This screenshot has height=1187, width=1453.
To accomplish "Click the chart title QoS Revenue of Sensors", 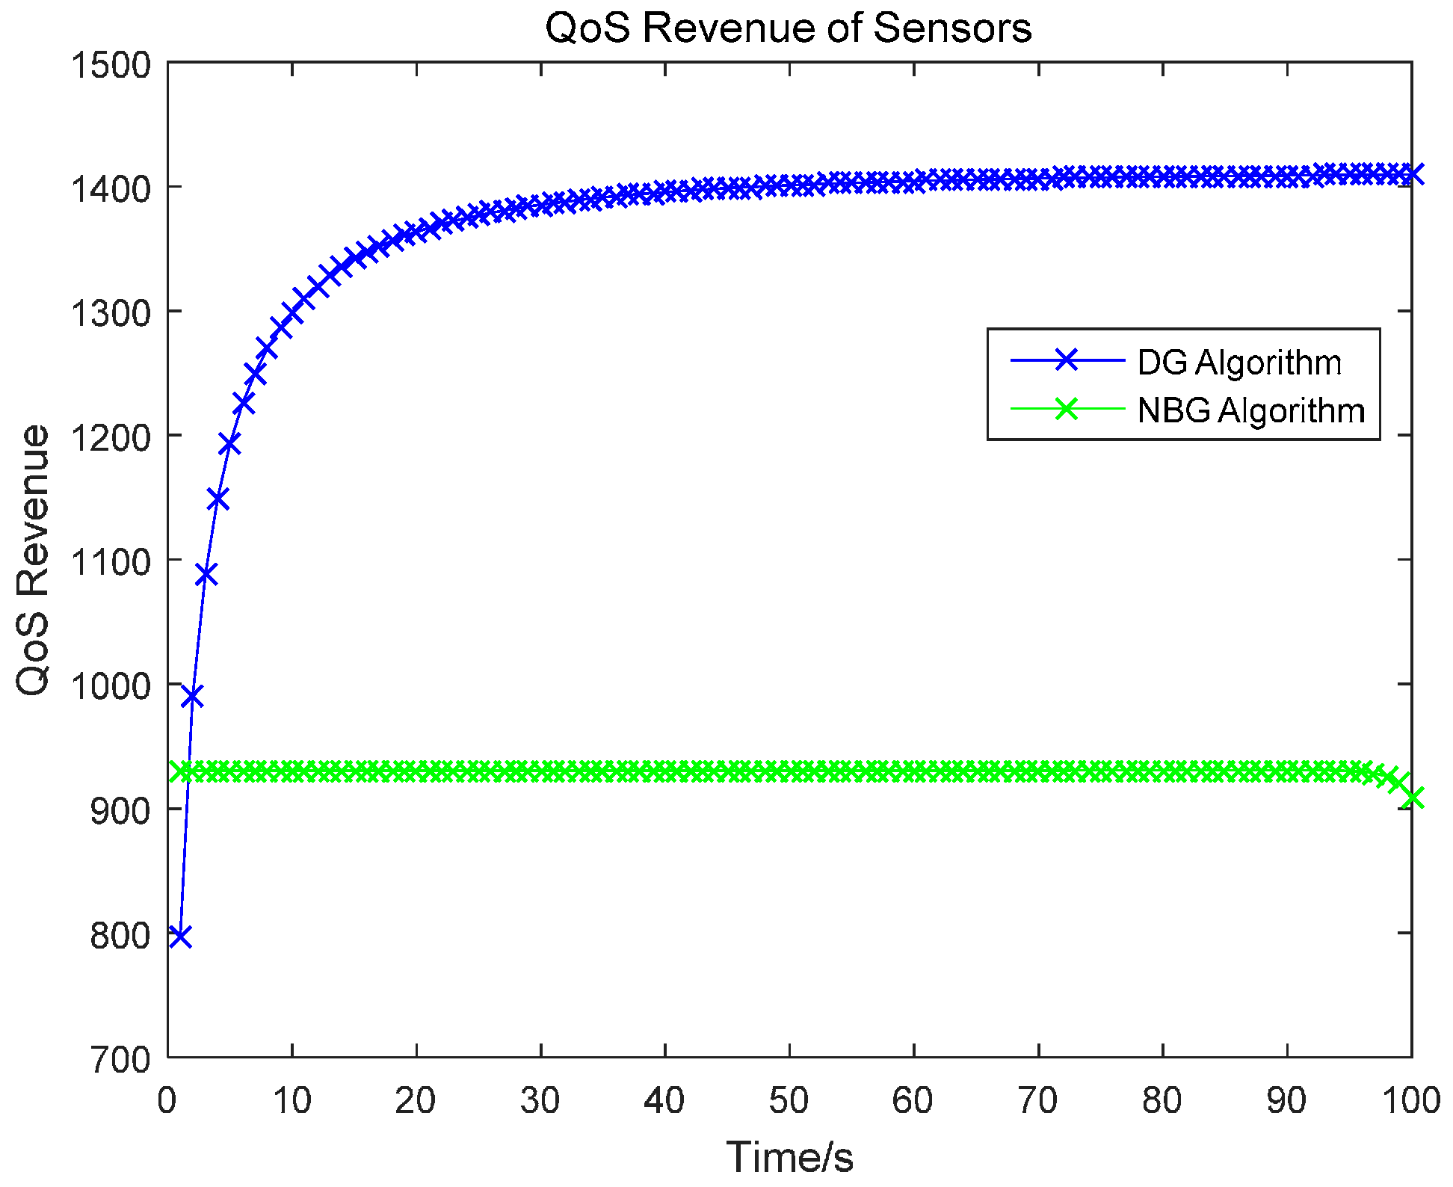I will pyautogui.click(x=789, y=28).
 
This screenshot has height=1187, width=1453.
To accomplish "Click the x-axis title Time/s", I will pyautogui.click(x=789, y=1157).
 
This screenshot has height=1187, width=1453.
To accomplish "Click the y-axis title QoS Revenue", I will pyautogui.click(x=33, y=560).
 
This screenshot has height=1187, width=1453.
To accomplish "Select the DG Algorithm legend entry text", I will pyautogui.click(x=1239, y=363).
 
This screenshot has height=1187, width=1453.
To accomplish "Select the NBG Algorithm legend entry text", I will pyautogui.click(x=1251, y=410).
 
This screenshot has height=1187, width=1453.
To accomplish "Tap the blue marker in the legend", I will pyautogui.click(x=1067, y=361).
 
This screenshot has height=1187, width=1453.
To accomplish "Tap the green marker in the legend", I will pyautogui.click(x=1067, y=409).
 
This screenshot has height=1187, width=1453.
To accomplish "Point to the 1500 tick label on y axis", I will pyautogui.click(x=110, y=64).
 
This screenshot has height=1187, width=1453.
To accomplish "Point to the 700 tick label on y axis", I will pyautogui.click(x=120, y=1059).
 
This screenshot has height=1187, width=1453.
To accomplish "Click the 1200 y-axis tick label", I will pyautogui.click(x=110, y=437).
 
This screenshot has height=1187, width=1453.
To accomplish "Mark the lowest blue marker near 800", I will pyautogui.click(x=180, y=936).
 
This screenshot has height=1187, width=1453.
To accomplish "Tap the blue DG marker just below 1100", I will pyautogui.click(x=206, y=575).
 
